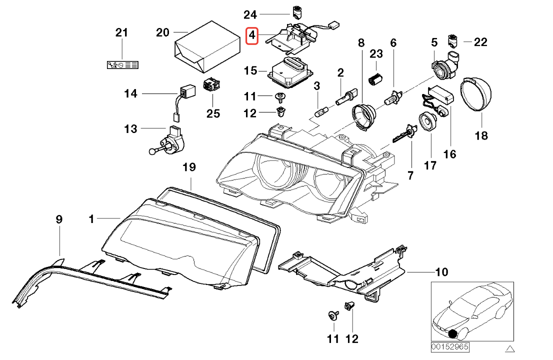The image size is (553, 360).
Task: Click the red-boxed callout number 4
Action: coord(252,35)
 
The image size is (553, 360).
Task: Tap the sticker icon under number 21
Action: coord(123,65)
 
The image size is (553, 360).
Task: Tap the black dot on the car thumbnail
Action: coord(454,335)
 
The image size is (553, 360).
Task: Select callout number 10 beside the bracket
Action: coord(441,272)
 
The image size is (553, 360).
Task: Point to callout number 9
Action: coord(59,219)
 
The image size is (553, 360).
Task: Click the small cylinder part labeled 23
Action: coord(375,76)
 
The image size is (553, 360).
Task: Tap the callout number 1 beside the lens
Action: coord(91,218)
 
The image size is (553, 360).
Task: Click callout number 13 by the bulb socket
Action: coord(130,129)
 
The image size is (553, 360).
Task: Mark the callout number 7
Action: coord(410,175)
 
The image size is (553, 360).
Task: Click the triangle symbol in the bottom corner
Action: coord(509,347)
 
